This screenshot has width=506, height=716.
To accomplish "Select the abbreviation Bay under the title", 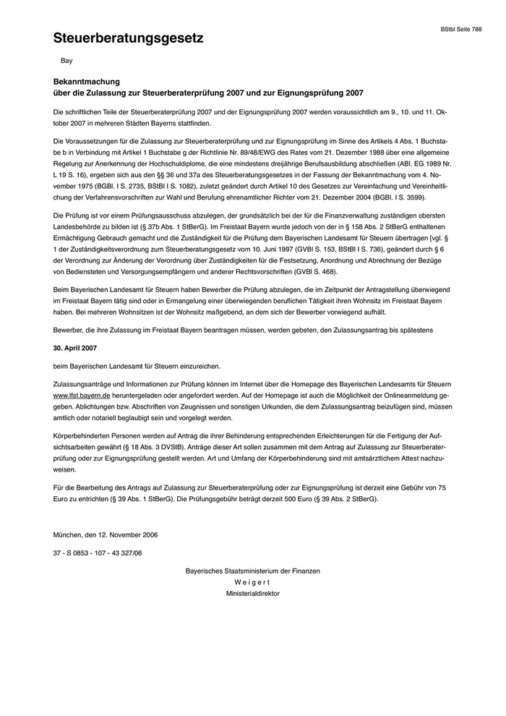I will point(66,61).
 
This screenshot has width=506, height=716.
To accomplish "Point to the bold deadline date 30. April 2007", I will point(76,349).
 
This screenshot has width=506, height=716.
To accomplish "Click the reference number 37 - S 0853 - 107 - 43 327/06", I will point(98,553).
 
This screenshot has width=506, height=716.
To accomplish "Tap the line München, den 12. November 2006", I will point(106,535).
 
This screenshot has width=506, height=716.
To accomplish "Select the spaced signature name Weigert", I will point(252,582).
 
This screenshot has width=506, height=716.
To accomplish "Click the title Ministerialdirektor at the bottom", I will point(252,593).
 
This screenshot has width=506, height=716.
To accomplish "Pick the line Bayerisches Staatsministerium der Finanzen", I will point(252,571).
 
